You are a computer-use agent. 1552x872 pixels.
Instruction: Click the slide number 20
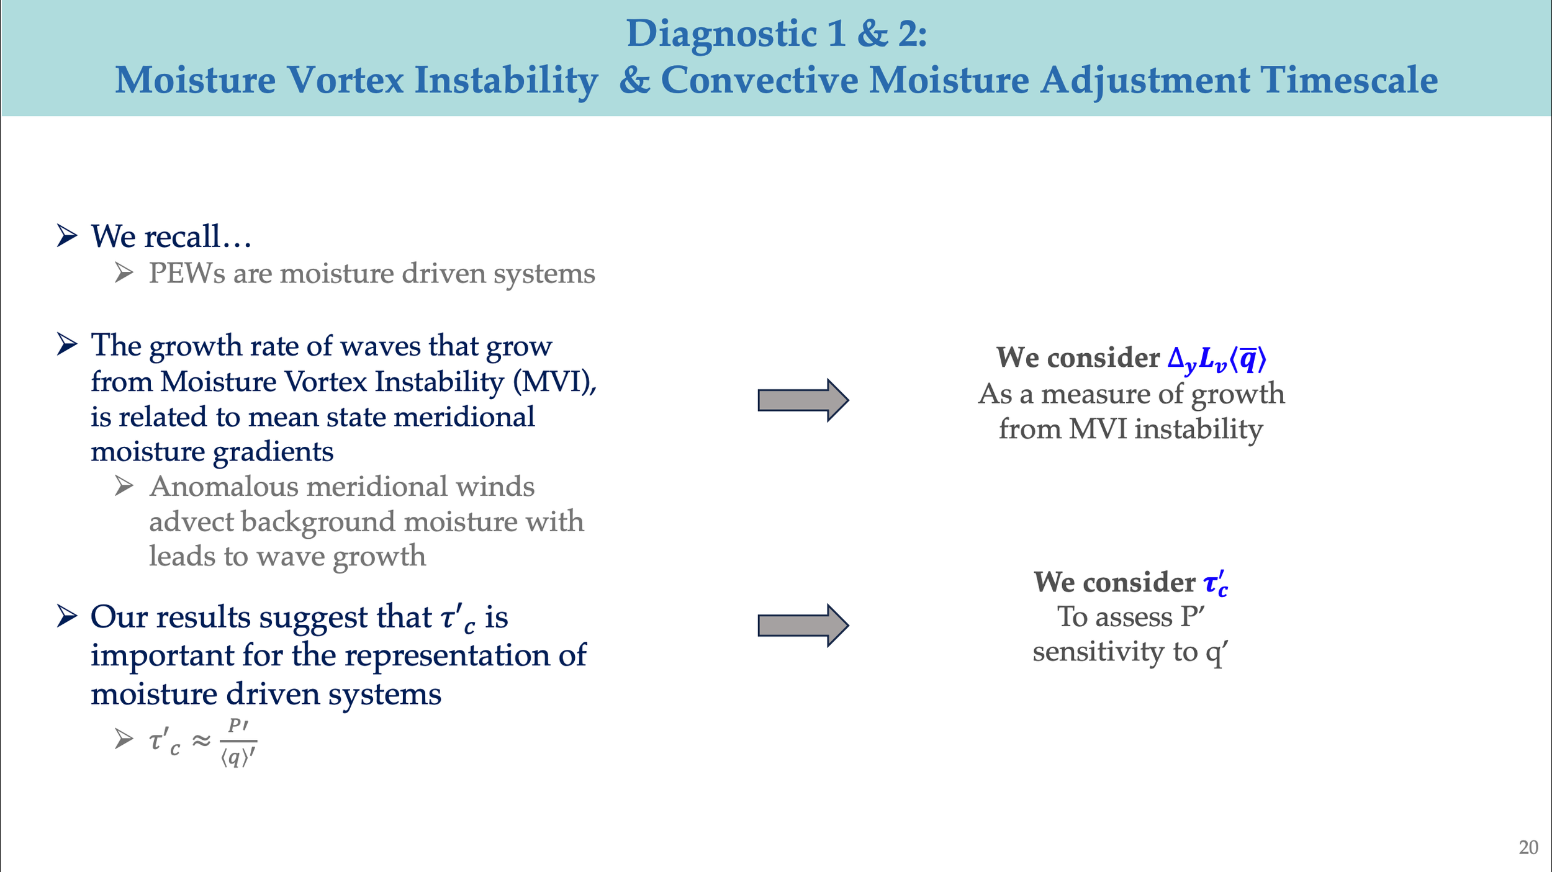click(1528, 847)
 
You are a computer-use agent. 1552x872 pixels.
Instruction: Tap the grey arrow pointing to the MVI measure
click(803, 400)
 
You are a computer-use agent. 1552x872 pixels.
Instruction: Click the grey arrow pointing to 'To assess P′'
click(803, 625)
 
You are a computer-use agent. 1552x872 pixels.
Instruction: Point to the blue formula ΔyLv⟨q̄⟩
click(1216, 359)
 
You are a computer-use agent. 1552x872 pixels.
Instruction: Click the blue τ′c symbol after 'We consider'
click(1216, 583)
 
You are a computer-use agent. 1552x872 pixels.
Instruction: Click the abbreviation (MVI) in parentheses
click(554, 382)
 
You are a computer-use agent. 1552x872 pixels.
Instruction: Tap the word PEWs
click(187, 274)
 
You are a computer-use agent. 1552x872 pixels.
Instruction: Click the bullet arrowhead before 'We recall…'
click(67, 236)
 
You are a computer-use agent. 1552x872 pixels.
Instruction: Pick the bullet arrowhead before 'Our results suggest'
click(67, 616)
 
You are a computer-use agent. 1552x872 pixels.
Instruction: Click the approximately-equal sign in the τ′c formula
click(201, 740)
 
